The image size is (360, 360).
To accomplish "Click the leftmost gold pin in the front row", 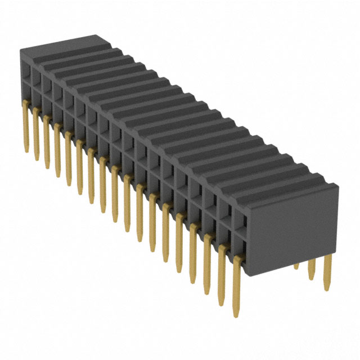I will (25, 126).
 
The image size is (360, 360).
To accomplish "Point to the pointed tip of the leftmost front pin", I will (26, 151).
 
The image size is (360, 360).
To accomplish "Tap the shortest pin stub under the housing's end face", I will (296, 265).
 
